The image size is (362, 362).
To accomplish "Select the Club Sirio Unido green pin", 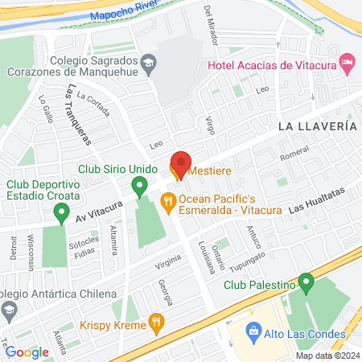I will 140,189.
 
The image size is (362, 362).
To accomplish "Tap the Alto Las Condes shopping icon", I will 253,331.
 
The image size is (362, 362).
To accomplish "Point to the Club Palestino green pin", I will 306,282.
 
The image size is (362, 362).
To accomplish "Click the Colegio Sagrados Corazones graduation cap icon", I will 150,61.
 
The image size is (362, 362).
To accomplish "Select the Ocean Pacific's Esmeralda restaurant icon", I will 169,202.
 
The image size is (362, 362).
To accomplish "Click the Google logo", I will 27,352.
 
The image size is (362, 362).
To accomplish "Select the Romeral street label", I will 294,154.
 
